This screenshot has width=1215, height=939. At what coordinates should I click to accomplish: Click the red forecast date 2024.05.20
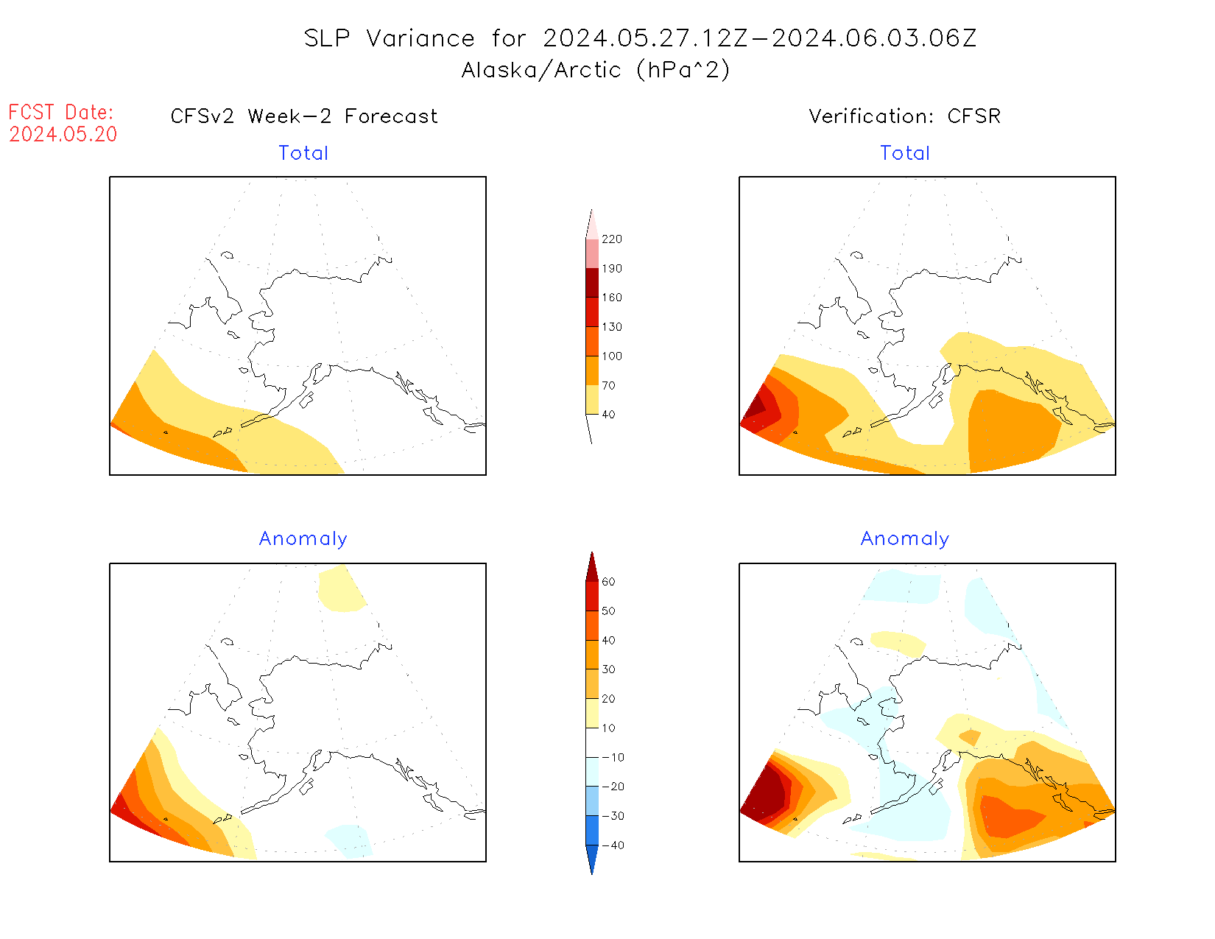pos(63,134)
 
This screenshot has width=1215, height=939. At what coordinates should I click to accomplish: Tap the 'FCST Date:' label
pos(61,112)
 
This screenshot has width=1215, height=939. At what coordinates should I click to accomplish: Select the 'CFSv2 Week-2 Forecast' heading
pos(304,116)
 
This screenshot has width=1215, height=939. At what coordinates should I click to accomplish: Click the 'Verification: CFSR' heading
pos(905,116)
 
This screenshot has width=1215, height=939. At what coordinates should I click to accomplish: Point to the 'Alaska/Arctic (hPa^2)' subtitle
pos(596,70)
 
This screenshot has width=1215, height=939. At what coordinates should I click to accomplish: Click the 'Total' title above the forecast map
pos(303,153)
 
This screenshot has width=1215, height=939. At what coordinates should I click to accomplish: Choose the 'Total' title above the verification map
pos(905,153)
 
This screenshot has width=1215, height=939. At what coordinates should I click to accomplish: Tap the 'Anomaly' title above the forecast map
pos(303,539)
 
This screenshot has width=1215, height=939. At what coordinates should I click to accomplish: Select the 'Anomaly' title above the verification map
pos(905,539)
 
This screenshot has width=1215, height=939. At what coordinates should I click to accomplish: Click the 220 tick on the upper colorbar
pos(611,239)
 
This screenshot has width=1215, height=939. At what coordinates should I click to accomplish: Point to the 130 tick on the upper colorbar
pos(611,327)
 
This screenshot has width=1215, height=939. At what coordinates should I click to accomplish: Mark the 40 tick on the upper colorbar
pos(608,415)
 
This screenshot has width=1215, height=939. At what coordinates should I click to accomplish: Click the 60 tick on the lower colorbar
pos(608,582)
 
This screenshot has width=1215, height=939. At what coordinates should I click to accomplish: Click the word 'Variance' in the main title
pos(420,38)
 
